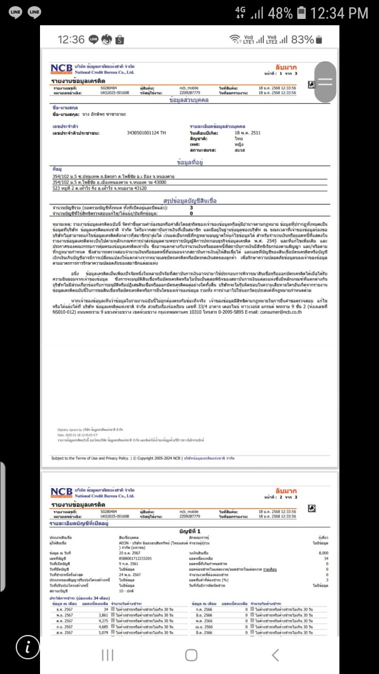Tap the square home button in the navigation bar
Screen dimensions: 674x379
(x=191, y=655)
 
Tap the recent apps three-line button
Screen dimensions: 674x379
(x=107, y=655)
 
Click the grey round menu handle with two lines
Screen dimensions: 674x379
(x=325, y=82)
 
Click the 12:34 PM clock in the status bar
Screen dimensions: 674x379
(x=340, y=13)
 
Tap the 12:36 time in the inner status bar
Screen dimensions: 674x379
(x=71, y=39)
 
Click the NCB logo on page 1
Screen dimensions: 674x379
(x=62, y=69)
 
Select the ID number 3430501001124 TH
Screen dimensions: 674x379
(x=146, y=133)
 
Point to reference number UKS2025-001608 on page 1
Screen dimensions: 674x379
(x=114, y=92)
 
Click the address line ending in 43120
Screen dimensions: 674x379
(x=99, y=188)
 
